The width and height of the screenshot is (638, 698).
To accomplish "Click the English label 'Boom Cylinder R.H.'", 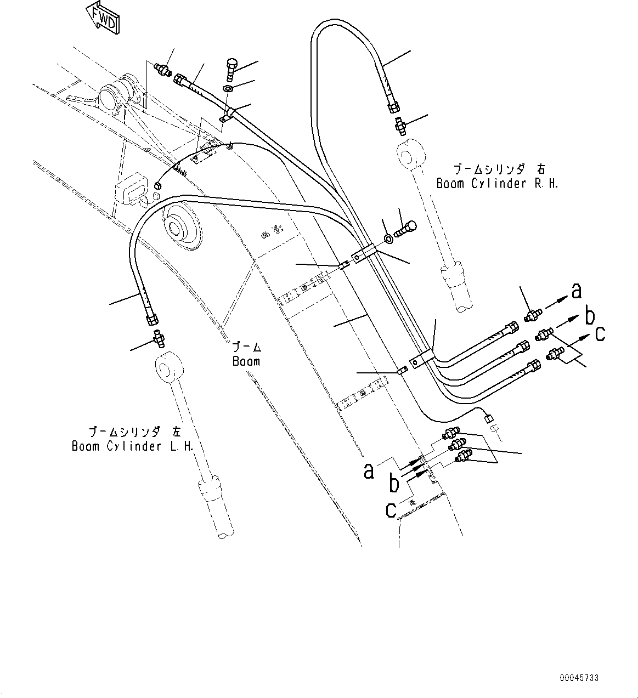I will pos(497,184).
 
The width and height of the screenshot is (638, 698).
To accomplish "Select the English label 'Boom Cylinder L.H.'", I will pos(133,446).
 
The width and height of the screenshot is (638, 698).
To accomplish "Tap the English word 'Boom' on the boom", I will pos(246,361).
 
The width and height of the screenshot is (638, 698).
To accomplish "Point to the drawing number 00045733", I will pos(579,678).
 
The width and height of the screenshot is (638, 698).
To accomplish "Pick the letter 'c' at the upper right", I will pos(600,333).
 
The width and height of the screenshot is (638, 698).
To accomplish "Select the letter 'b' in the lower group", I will pos(394,484).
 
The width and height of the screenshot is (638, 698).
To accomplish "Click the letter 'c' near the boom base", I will pos(391,509).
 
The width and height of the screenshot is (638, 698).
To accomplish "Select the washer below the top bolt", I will pos(229,88).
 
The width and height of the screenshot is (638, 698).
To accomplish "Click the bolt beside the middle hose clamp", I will pos(409,226).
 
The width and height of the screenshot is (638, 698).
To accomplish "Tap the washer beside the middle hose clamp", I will pos(388,238).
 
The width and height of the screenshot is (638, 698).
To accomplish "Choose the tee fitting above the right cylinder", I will pos(400,127).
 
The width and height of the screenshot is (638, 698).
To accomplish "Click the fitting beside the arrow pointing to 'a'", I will pos(532,315).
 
